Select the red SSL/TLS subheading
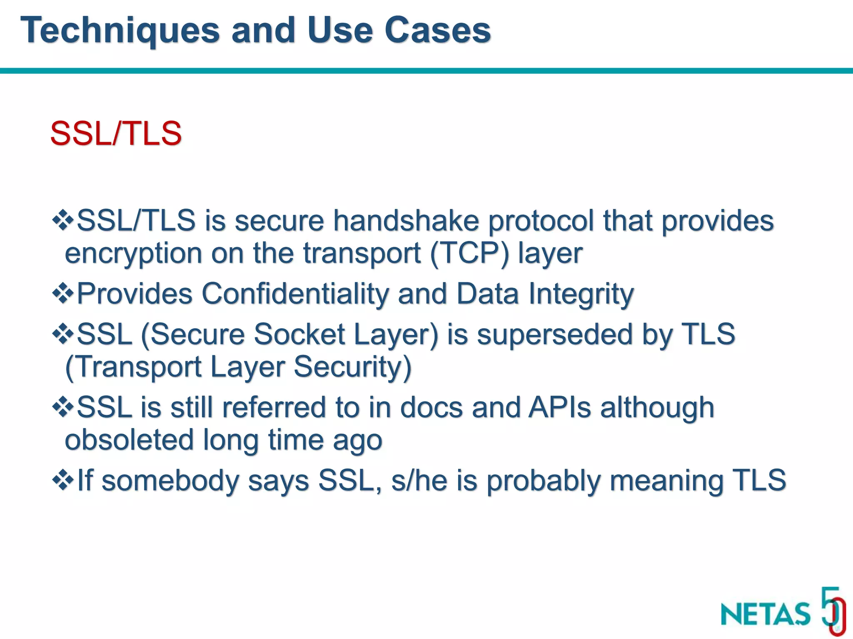[116, 134]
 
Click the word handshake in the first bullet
[406, 220]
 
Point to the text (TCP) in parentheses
[469, 253]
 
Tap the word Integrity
[581, 294]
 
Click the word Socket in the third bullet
[299, 334]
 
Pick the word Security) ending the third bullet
[353, 367]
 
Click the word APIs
[559, 407]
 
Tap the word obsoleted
[130, 440]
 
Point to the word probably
[544, 480]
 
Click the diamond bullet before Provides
[63, 294]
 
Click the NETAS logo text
[765, 614]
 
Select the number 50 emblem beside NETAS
[833, 611]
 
